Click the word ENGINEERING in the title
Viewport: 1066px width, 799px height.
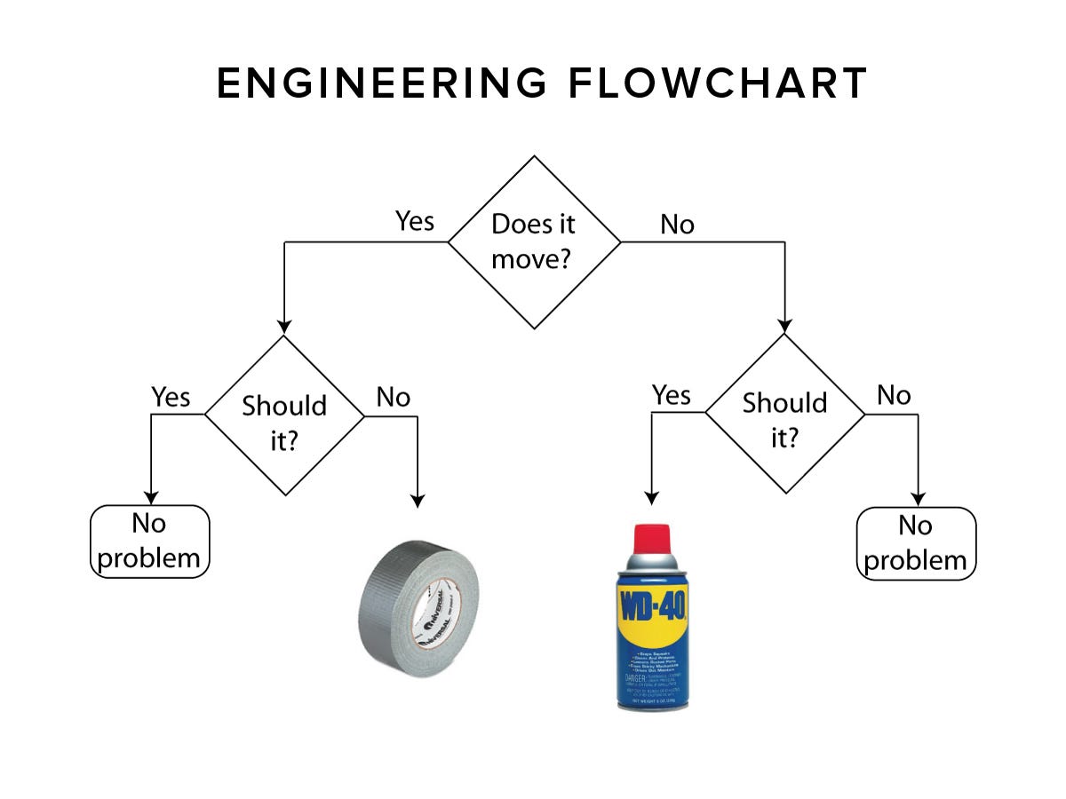click(382, 84)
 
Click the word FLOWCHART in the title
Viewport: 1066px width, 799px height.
click(718, 84)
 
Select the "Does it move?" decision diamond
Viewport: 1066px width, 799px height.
click(534, 241)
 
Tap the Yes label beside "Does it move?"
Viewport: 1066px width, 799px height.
click(414, 221)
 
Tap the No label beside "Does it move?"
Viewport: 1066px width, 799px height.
click(677, 225)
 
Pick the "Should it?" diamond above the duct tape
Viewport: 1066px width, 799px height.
click(284, 415)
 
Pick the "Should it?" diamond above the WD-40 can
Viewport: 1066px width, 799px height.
click(784, 413)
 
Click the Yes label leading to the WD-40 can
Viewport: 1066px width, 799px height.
click(671, 394)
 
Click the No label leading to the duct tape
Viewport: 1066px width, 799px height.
click(393, 397)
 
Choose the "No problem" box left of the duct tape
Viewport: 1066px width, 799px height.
click(150, 542)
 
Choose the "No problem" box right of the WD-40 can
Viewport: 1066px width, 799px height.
click(916, 543)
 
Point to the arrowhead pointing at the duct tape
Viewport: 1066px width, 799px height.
click(418, 501)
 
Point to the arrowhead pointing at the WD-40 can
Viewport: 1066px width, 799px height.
click(651, 499)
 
